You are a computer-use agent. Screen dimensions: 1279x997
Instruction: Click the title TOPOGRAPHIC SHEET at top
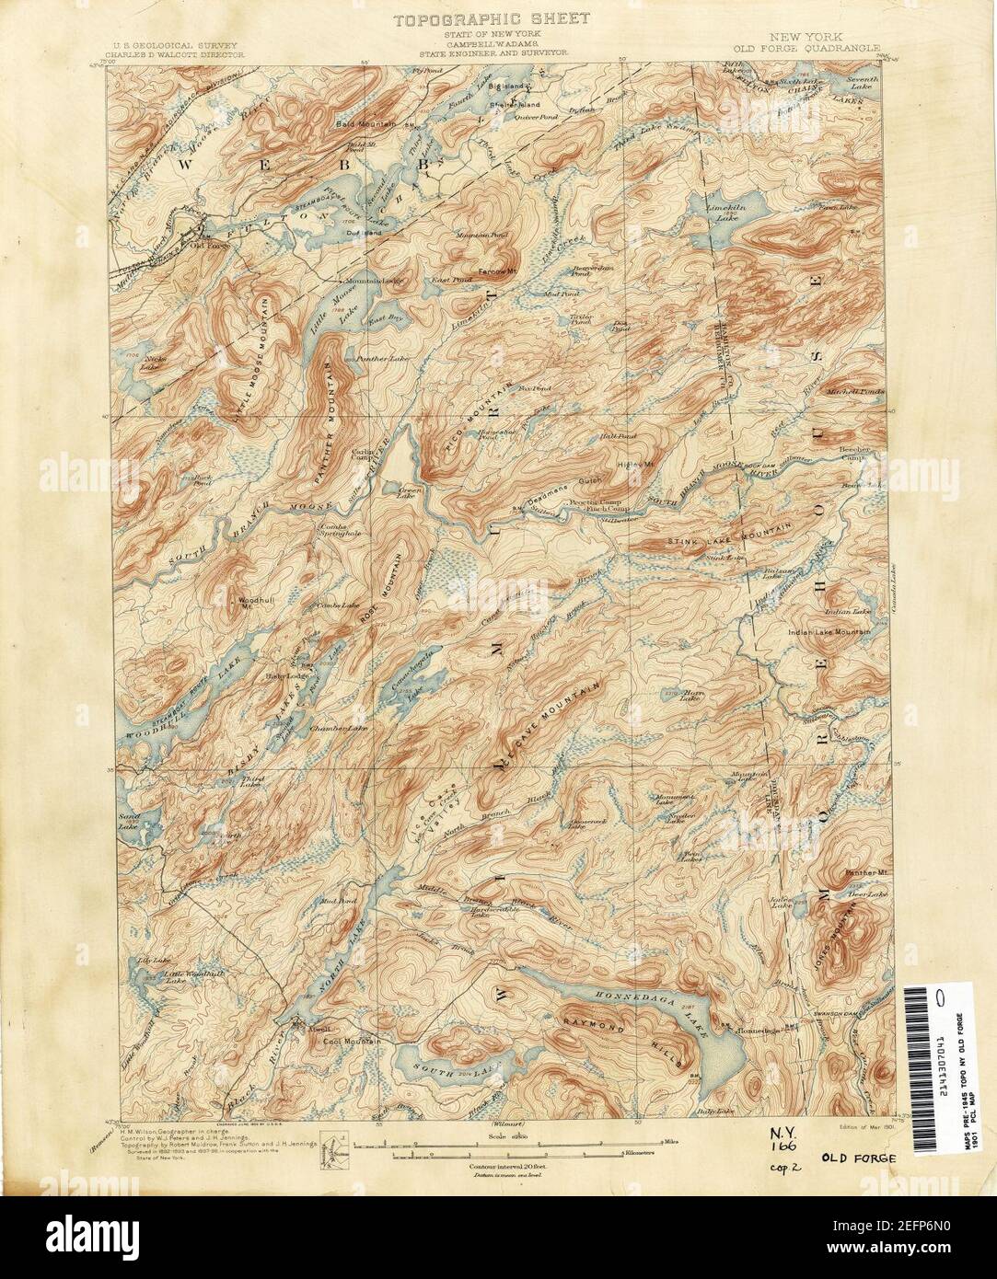(x=493, y=18)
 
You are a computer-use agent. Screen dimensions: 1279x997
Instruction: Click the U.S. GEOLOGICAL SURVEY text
(x=176, y=44)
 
